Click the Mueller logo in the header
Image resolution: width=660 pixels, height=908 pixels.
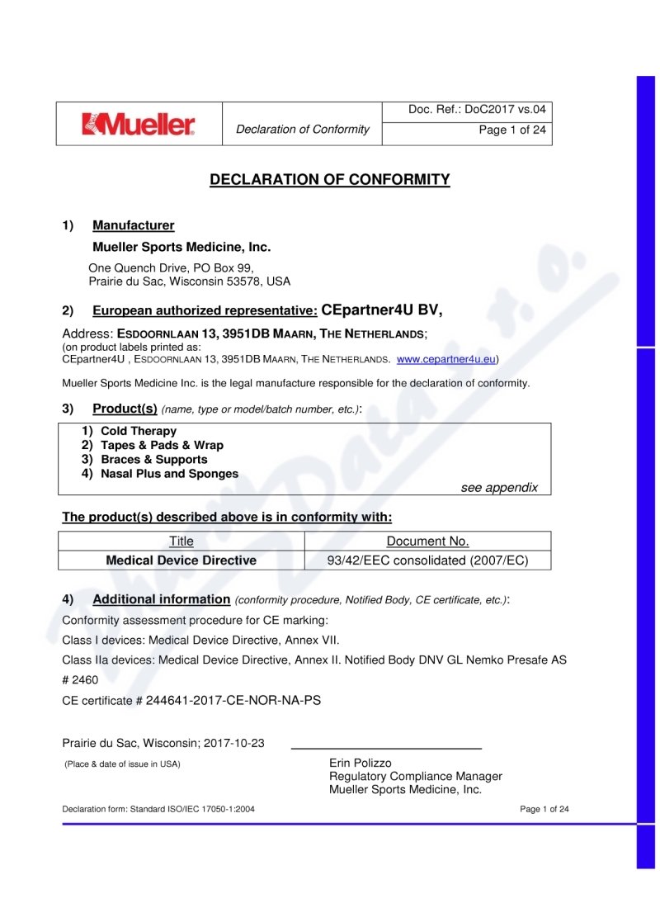139,125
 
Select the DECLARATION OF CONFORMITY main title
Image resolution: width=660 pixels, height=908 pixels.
330,180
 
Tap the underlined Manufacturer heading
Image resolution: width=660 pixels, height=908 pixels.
134,225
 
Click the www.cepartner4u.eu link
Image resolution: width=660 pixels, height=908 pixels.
445,360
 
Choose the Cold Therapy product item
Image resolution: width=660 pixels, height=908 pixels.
139,431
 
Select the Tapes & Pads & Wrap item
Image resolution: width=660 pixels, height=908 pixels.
162,445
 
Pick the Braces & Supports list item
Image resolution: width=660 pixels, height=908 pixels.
154,459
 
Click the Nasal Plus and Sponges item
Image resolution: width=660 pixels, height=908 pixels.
169,474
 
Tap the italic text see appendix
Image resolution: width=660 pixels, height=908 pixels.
499,487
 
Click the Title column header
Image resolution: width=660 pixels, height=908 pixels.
181,541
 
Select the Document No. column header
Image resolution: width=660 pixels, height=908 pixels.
427,541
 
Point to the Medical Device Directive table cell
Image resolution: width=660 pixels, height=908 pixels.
181,560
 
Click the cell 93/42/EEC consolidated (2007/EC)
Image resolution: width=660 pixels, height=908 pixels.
427,560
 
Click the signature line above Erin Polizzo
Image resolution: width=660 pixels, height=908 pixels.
386,748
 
